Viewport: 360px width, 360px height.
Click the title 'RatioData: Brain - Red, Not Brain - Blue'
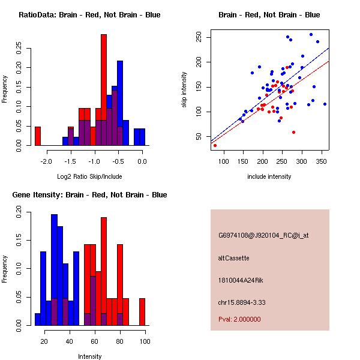[x=89, y=14]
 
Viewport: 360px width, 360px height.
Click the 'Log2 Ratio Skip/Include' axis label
[x=90, y=176]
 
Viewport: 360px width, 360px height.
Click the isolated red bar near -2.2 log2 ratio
[x=38, y=136]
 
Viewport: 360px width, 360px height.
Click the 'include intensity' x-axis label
[x=269, y=176]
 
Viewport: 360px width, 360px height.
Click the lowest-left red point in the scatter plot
[x=215, y=145]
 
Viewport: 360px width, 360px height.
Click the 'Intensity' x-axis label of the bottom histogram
[x=90, y=356]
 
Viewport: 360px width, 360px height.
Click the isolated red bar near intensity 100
[x=142, y=312]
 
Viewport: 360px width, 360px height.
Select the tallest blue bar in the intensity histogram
[x=55, y=270]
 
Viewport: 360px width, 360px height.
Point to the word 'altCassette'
[x=233, y=258]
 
